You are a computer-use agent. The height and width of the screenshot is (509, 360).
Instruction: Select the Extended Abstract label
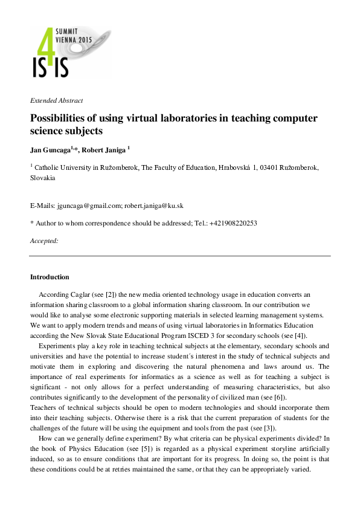click(56, 100)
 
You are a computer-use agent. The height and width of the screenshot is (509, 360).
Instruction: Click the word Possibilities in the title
click(60, 118)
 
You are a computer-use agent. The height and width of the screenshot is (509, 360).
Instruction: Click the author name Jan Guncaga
click(51, 148)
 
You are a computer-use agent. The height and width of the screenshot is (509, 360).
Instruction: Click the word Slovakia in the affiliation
click(42, 178)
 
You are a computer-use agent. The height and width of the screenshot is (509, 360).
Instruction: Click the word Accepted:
click(44, 241)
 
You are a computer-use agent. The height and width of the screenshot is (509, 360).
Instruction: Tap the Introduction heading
click(50, 277)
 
